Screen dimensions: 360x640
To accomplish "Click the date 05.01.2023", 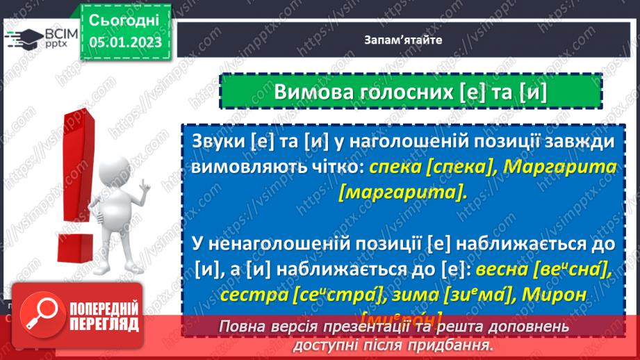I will pyautogui.click(x=125, y=42).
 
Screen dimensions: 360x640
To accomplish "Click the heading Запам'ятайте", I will pyautogui.click(x=402, y=40).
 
